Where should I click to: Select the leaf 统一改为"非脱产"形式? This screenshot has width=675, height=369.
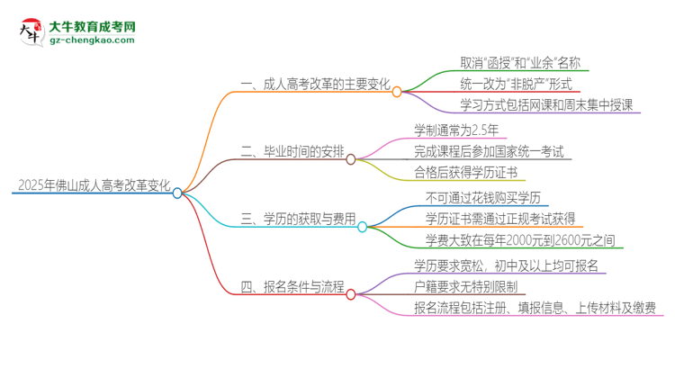pos(503,84)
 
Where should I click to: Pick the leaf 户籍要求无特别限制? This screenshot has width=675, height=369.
pos(470,286)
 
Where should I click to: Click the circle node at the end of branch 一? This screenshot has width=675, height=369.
pos(397,91)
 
